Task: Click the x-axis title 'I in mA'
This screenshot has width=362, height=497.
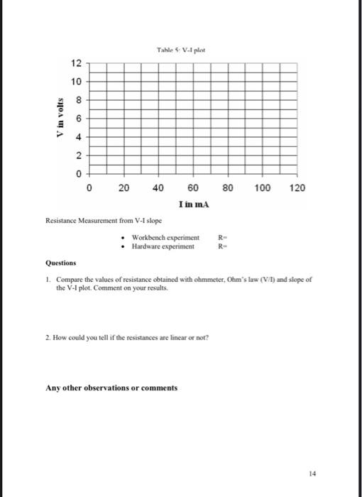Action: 192,204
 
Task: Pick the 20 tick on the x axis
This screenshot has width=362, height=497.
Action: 124,188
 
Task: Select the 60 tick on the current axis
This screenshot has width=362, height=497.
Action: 193,188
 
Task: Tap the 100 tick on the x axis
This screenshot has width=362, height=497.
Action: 262,188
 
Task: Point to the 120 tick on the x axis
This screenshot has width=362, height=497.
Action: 297,188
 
